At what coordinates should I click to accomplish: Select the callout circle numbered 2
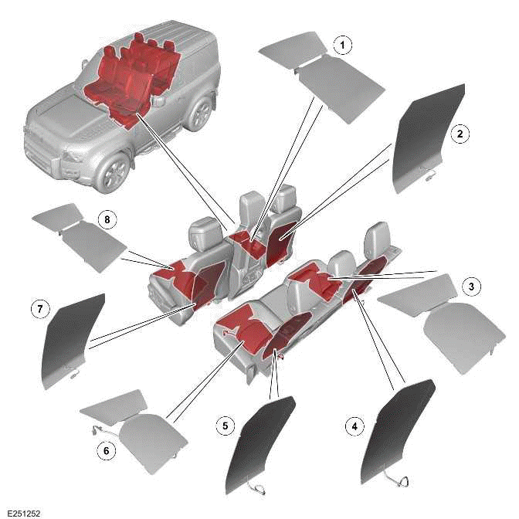click(x=460, y=134)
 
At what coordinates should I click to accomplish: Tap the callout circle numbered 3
click(x=470, y=286)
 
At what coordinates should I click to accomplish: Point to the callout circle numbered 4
click(x=354, y=425)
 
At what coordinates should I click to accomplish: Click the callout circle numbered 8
click(x=107, y=221)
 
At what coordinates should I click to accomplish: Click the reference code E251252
click(x=23, y=512)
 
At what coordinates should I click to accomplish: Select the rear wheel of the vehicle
click(x=200, y=114)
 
